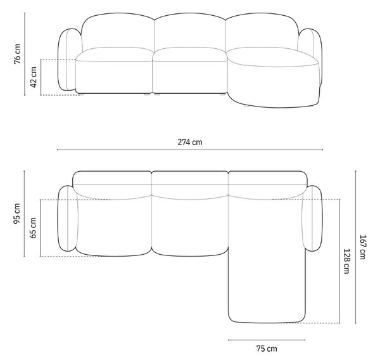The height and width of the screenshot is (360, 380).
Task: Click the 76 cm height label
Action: point(17,54)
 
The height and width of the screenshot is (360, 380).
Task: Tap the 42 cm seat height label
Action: point(33,77)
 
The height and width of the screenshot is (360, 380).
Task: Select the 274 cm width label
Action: point(190,142)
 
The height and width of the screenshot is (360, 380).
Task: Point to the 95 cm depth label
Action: point(16,214)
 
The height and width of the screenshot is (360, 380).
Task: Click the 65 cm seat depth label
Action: point(33,228)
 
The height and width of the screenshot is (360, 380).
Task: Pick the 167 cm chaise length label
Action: point(362,247)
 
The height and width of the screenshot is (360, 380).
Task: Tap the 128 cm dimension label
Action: point(346,261)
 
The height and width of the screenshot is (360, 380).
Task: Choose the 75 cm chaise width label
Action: point(267,349)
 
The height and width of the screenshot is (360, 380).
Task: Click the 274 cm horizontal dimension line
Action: point(190,150)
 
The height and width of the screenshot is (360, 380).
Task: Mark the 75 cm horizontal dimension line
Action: point(267,340)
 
